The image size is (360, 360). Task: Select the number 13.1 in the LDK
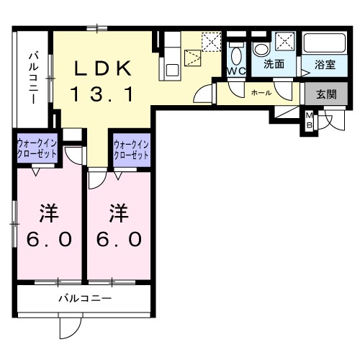(102, 93)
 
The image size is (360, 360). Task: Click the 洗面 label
(273, 65)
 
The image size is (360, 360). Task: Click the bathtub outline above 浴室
(325, 44)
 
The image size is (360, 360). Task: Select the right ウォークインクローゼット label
(130, 150)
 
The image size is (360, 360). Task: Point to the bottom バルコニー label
(84, 297)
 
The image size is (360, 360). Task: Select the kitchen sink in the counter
(171, 70)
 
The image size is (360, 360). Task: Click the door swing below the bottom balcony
(70, 327)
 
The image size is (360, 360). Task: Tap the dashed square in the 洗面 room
(284, 40)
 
